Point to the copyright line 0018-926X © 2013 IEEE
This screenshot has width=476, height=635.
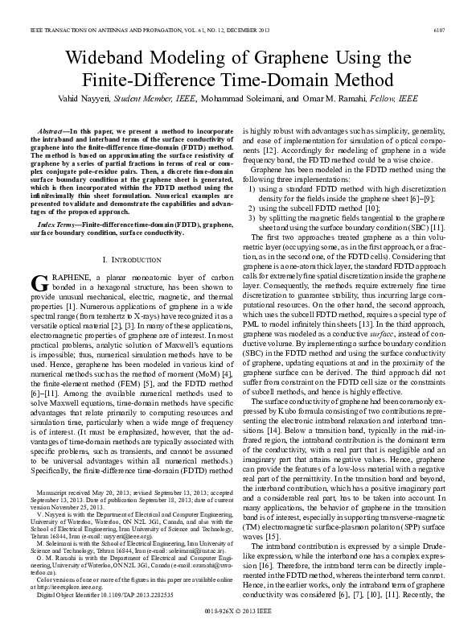237,612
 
